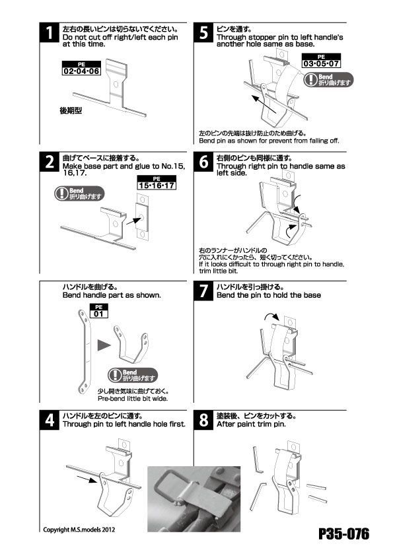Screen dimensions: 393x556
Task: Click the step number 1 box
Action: pyautogui.click(x=49, y=32)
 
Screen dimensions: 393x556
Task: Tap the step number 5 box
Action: pyautogui.click(x=203, y=32)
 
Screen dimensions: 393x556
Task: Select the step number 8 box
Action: pyautogui.click(x=203, y=420)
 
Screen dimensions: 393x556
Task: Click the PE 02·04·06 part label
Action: pyautogui.click(x=82, y=68)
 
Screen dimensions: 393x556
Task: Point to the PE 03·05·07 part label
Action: pyautogui.click(x=321, y=61)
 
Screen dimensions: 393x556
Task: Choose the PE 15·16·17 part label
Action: pyautogui.click(x=157, y=183)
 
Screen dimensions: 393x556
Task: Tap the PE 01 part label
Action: pyautogui.click(x=98, y=311)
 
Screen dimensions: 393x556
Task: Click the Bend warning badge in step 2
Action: pyautogui.click(x=79, y=193)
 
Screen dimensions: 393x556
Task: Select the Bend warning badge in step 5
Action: pyautogui.click(x=328, y=79)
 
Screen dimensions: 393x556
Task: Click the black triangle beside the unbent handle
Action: pyautogui.click(x=104, y=345)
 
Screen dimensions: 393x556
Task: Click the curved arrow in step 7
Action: pyautogui.click(x=272, y=316)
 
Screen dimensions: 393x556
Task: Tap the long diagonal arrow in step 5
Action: pyautogui.click(x=264, y=104)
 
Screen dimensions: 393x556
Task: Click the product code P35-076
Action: pyautogui.click(x=343, y=534)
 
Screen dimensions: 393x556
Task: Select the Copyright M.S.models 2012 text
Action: pyautogui.click(x=79, y=530)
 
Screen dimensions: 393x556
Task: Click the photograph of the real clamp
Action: pyautogui.click(x=194, y=499)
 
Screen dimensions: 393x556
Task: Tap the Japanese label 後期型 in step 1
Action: pyautogui.click(x=71, y=111)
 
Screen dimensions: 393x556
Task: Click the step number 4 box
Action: pyautogui.click(x=49, y=420)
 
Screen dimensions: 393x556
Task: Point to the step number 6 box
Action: pyautogui.click(x=203, y=162)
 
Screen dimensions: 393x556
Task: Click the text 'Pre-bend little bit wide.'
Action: pyautogui.click(x=133, y=399)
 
